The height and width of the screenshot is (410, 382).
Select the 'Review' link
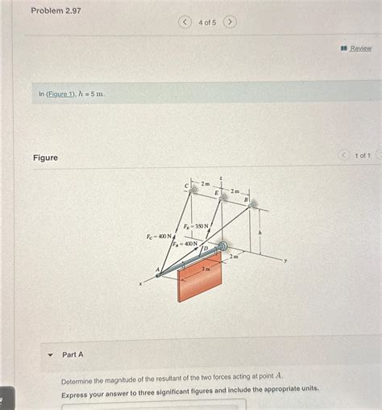pos(360,48)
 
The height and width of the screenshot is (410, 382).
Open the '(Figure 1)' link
pos(61,94)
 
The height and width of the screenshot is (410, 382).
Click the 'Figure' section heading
pos(45,157)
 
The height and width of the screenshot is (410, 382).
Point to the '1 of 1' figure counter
pos(363,155)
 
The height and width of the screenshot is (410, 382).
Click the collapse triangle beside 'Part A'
pos(50,354)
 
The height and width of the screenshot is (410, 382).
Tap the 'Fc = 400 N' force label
pos(159,236)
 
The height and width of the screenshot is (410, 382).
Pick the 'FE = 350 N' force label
pos(196,227)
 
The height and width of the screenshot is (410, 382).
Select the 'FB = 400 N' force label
pos(185,243)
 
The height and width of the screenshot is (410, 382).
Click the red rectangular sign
pos(199,278)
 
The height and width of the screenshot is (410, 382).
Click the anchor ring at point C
pos(193,190)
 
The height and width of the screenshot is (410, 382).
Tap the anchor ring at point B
pos(252,205)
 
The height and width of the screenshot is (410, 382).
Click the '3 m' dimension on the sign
pos(205,268)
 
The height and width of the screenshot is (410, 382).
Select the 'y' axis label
pos(284,261)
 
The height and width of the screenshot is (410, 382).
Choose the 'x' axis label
pos(140,284)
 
